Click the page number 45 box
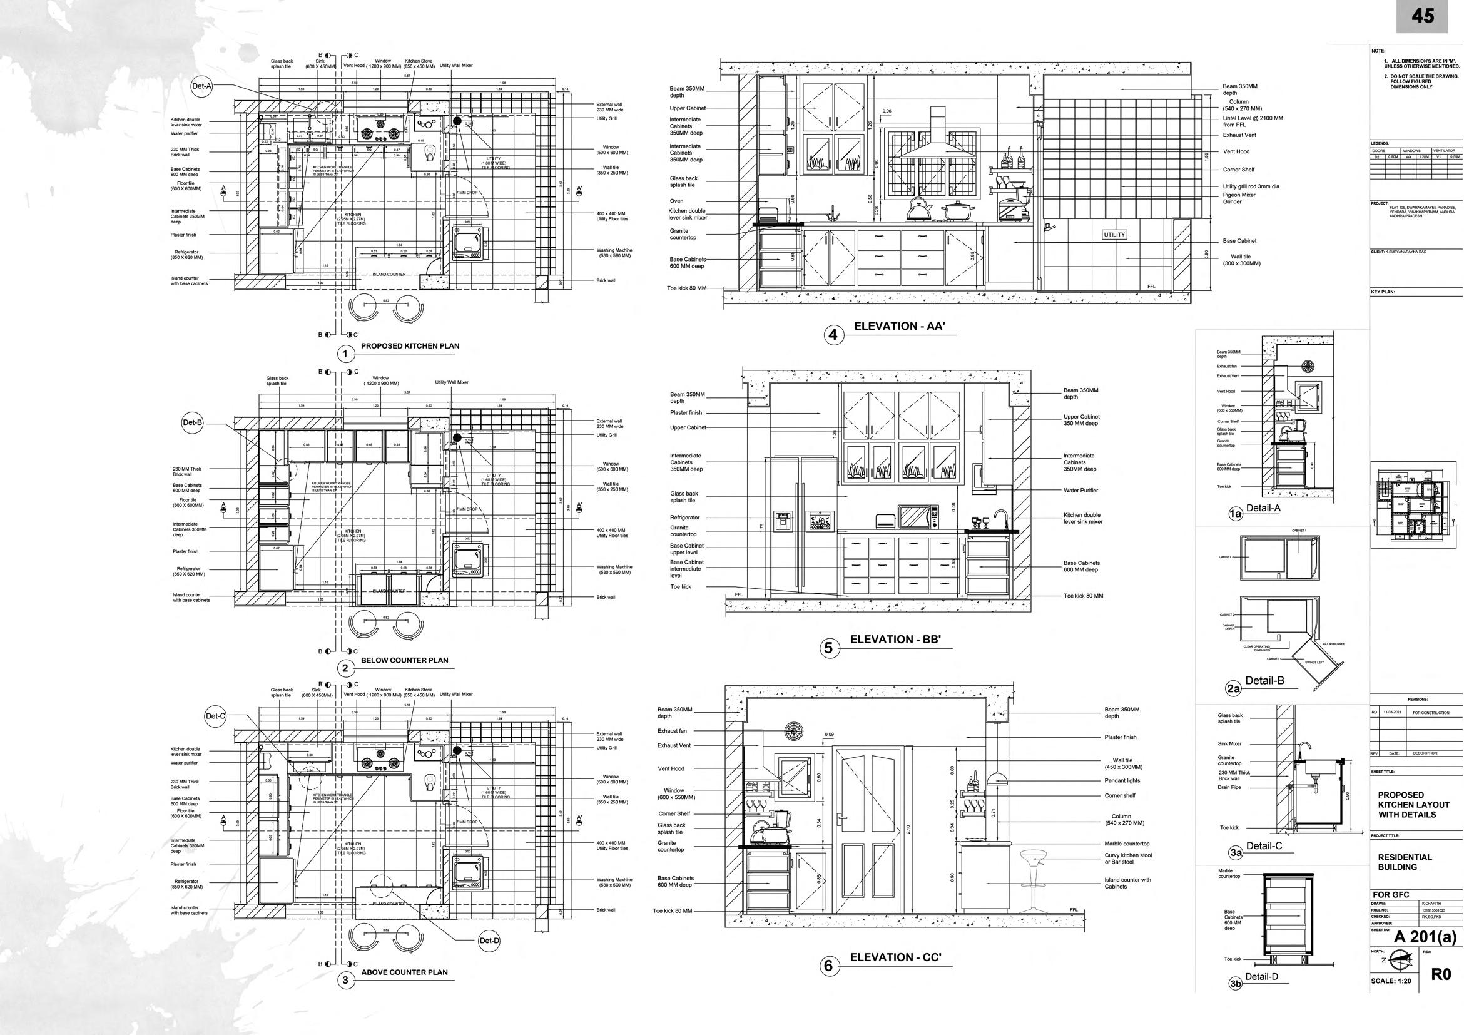click(x=1423, y=16)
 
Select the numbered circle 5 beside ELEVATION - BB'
click(x=828, y=648)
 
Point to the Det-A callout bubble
click(x=201, y=86)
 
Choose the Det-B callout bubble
click(x=193, y=423)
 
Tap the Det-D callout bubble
click(x=489, y=941)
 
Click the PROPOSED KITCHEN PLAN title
click(x=410, y=346)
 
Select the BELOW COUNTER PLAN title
click(x=404, y=661)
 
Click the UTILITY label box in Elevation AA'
click(x=1114, y=235)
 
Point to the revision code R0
click(x=1436, y=993)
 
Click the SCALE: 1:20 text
click(x=1395, y=999)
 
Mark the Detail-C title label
click(x=1264, y=845)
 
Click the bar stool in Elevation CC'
click(x=1030, y=879)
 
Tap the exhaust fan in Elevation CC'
click(x=794, y=732)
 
